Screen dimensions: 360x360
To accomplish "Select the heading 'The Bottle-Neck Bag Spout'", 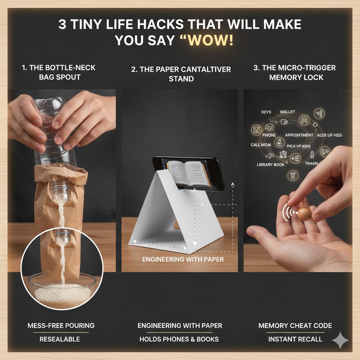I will point(59,72).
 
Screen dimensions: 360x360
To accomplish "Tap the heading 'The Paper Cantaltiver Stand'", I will point(181,74).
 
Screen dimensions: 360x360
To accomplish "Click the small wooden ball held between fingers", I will point(304,214).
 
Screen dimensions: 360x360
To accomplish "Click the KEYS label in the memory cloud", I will point(266,112).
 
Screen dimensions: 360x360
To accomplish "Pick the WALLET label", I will point(287,112).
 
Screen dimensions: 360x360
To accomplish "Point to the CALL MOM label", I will point(261,145).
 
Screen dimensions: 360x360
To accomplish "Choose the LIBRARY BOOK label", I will point(270,165).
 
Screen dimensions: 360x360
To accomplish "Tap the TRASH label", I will point(311,163).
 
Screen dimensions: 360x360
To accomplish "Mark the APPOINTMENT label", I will point(299,135).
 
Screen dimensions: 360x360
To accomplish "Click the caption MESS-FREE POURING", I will point(61,326).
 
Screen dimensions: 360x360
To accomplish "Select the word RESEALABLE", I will point(59,339).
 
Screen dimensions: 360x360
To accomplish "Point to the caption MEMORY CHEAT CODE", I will point(295,326).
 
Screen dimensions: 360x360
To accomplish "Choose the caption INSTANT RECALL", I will point(295,339).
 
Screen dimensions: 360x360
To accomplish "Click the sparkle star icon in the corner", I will point(340,340).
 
